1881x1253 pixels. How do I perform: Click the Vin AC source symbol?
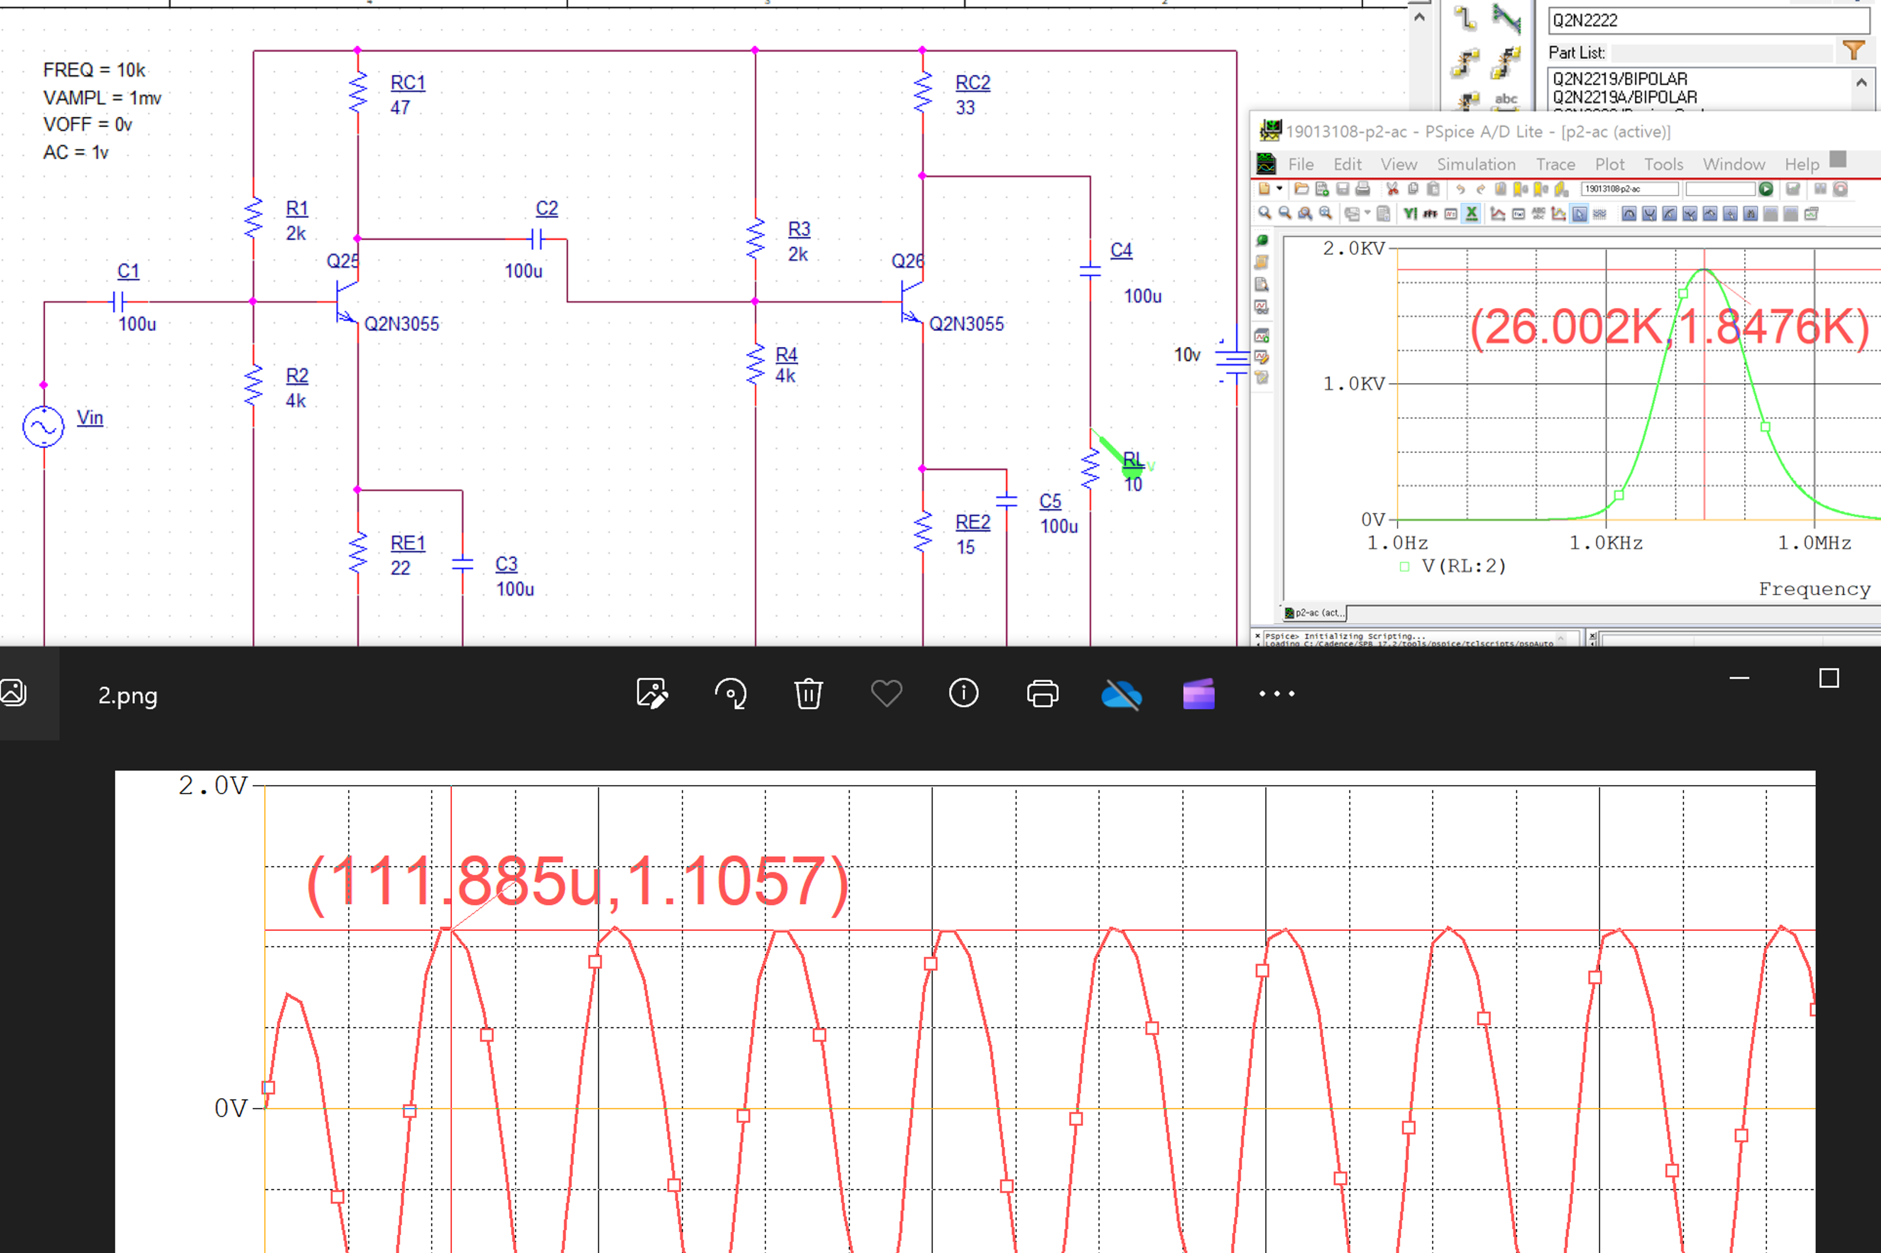(43, 427)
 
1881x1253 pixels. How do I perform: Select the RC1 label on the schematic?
(407, 82)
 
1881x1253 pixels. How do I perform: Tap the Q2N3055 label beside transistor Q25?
(401, 324)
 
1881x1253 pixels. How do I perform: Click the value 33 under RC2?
(965, 107)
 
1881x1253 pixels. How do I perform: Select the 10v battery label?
(1187, 355)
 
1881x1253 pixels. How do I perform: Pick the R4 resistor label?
(786, 354)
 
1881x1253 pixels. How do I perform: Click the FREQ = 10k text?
(94, 70)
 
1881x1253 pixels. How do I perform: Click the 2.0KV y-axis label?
(1353, 249)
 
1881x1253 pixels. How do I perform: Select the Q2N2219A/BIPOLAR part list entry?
(1624, 98)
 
